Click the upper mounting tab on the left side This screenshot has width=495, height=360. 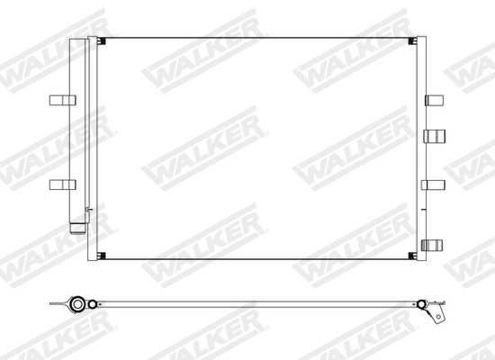click(x=59, y=99)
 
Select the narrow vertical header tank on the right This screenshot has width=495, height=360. click(x=420, y=148)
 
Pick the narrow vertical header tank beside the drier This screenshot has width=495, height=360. click(x=93, y=148)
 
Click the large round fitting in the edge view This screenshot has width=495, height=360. click(x=78, y=305)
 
